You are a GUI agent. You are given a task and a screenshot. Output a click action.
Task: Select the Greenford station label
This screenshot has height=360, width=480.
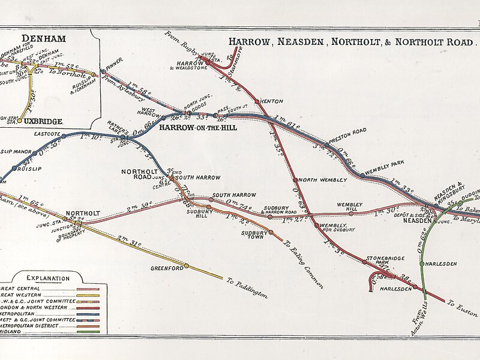pos(166,268)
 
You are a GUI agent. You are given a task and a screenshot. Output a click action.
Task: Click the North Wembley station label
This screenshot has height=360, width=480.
pos(322,180)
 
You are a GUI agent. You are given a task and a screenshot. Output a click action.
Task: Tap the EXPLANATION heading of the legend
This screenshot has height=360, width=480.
pos(47,278)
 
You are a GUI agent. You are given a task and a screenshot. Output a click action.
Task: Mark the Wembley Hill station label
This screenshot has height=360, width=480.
pos(349,205)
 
